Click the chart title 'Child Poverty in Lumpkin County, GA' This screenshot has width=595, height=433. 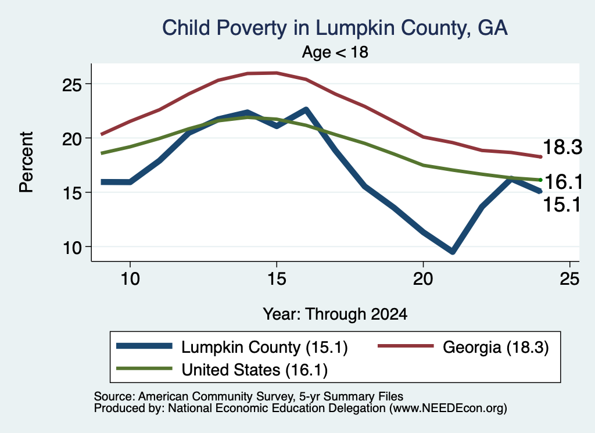[x=335, y=28]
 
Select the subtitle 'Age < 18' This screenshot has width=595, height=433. [x=335, y=52]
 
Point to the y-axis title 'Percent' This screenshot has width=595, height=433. [x=26, y=162]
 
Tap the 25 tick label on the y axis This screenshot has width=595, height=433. [x=71, y=85]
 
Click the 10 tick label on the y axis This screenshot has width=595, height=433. [x=71, y=248]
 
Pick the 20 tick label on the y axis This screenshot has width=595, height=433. [x=71, y=139]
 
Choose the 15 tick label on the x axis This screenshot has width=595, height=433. [x=277, y=279]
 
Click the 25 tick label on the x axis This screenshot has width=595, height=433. [x=569, y=279]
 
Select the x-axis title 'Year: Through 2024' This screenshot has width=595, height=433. [x=335, y=314]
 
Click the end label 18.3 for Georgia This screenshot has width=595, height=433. [x=562, y=147]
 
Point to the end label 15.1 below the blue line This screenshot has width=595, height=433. [x=562, y=205]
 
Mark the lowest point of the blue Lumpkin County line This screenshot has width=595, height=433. [x=452, y=252]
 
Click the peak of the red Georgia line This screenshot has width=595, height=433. [x=277, y=73]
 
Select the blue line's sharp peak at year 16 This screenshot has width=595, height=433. [x=306, y=110]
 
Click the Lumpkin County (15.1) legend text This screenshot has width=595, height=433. [x=264, y=347]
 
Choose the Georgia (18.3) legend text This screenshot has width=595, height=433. [x=496, y=347]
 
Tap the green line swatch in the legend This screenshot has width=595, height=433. [x=144, y=368]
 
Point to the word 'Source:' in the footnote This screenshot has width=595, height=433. [x=114, y=396]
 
